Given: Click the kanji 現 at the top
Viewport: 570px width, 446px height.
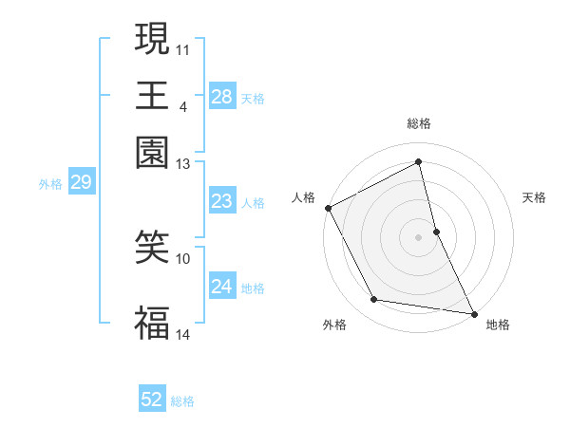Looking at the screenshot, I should pyautogui.click(x=152, y=40).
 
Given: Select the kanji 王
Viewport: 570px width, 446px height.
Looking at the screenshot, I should pyautogui.click(x=152, y=95).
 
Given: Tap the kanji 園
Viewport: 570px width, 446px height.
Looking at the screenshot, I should pyautogui.click(x=152, y=152).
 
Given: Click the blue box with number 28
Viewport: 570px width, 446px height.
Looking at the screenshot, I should pyautogui.click(x=221, y=97).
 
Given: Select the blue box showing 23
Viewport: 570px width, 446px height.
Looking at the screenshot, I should pyautogui.click(x=221, y=202).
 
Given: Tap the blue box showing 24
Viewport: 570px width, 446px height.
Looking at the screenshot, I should pyautogui.click(x=221, y=288).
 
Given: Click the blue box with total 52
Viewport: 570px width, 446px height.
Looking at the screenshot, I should pyautogui.click(x=151, y=400).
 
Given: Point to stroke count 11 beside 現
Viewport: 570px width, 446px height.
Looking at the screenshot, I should pyautogui.click(x=183, y=48).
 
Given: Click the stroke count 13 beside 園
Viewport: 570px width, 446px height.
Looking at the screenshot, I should pyautogui.click(x=183, y=164).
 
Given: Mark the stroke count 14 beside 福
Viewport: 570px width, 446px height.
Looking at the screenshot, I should pyautogui.click(x=183, y=334).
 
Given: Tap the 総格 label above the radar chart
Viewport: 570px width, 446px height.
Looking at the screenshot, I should pyautogui.click(x=418, y=123).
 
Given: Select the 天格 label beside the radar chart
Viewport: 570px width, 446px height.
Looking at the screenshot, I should pyautogui.click(x=534, y=197).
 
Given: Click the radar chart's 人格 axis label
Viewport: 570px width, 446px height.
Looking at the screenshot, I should pyautogui.click(x=304, y=197).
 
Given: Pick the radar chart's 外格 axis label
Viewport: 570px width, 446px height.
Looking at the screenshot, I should pyautogui.click(x=334, y=325).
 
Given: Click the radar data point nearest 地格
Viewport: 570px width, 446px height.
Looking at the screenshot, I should pyautogui.click(x=473, y=313).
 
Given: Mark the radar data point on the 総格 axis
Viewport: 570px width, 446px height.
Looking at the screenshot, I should pyautogui.click(x=418, y=162).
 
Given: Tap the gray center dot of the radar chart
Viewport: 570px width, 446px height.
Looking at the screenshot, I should pyautogui.click(x=418, y=237).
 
